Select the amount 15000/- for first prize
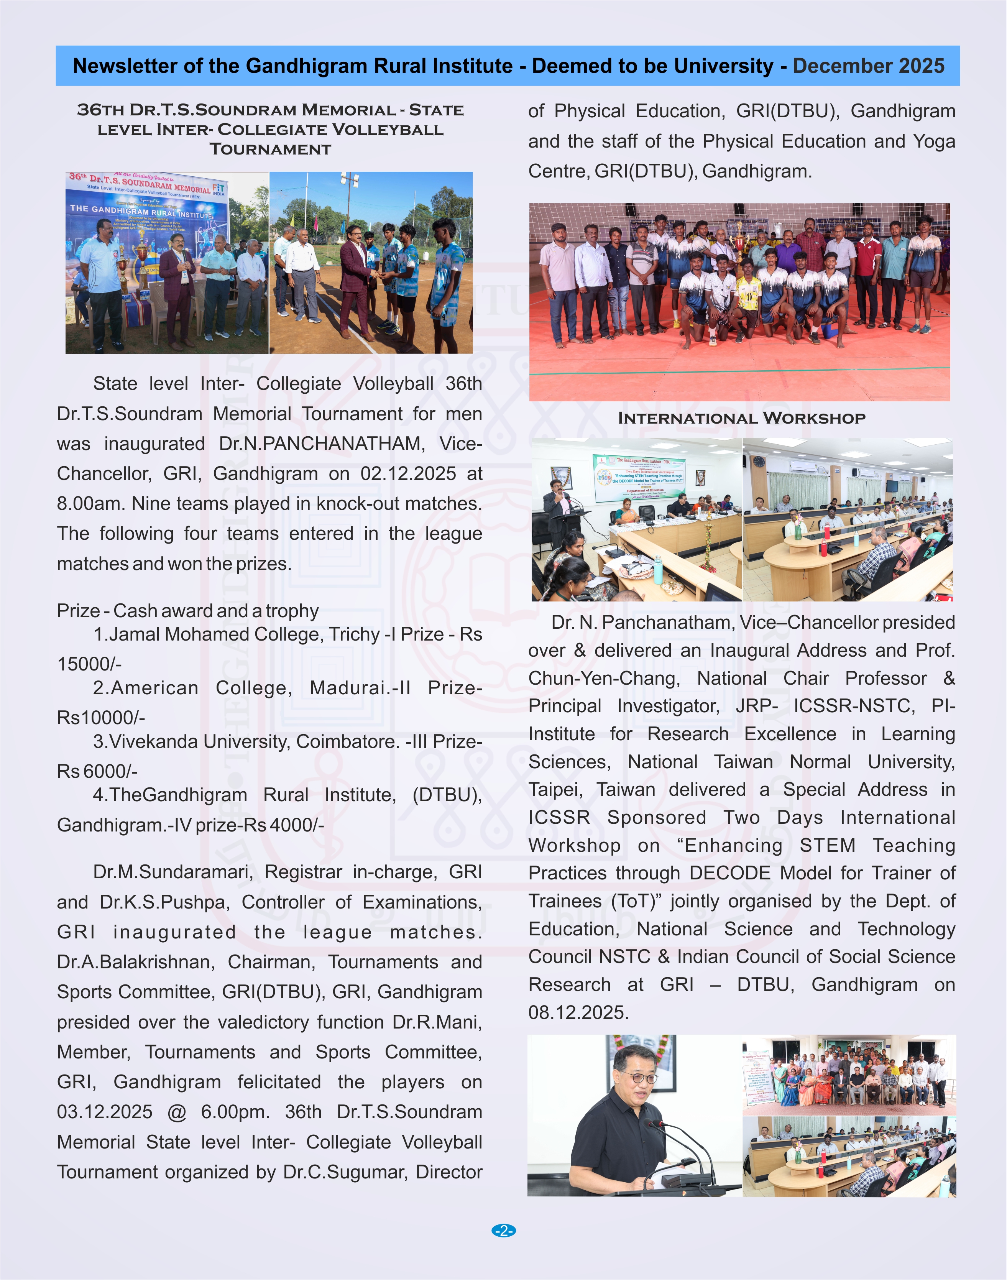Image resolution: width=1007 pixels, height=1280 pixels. [x=89, y=664]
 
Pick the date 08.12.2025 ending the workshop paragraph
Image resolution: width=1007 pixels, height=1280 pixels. [x=578, y=1012]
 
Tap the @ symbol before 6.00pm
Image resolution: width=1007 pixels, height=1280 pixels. [x=176, y=1112]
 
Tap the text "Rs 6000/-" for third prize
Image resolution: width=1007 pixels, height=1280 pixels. [x=97, y=771]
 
